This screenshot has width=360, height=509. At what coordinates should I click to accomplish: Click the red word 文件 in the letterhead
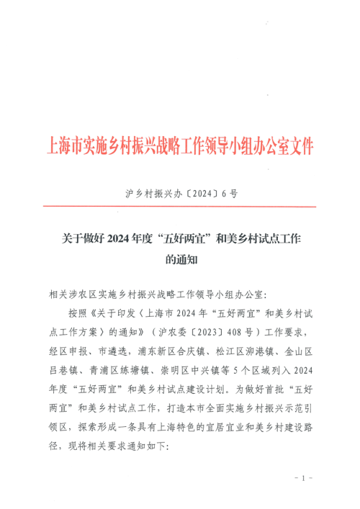302,147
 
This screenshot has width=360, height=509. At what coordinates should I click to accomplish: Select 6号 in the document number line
230,194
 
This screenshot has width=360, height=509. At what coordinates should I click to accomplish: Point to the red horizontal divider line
180,207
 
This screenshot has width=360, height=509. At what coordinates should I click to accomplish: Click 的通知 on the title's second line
180,257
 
